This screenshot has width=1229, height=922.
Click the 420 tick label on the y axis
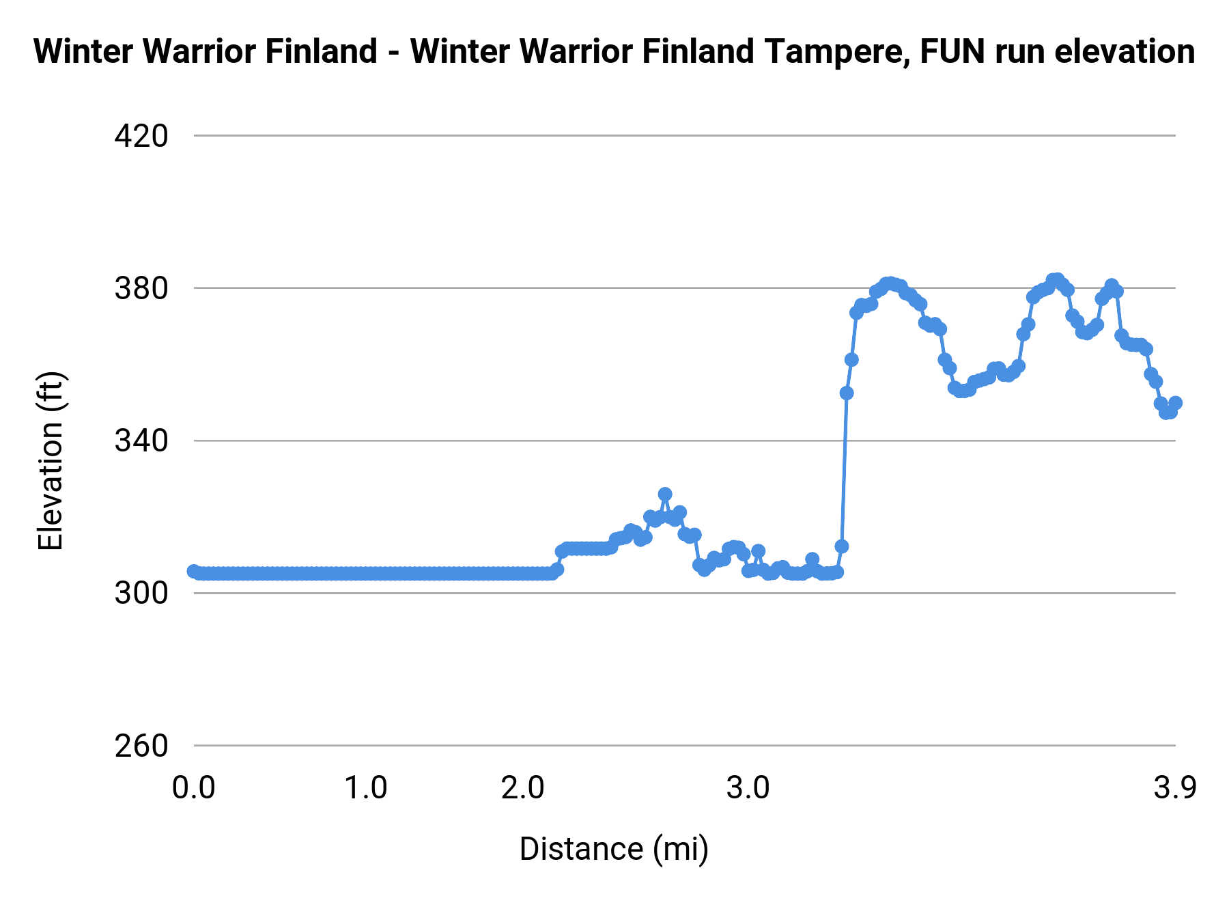[141, 137]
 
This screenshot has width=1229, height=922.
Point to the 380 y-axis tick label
[141, 289]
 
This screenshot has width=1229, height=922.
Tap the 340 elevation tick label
[141, 441]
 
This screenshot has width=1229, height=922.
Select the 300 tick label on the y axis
[141, 593]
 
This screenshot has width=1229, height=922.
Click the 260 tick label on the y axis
[141, 746]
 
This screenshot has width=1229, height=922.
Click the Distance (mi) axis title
[614, 849]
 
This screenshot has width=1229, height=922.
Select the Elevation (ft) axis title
[51, 461]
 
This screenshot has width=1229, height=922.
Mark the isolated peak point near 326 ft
[665, 494]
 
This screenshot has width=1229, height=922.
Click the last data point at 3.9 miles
[1175, 403]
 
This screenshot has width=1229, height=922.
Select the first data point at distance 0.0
[194, 571]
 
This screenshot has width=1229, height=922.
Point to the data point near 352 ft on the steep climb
[847, 393]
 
